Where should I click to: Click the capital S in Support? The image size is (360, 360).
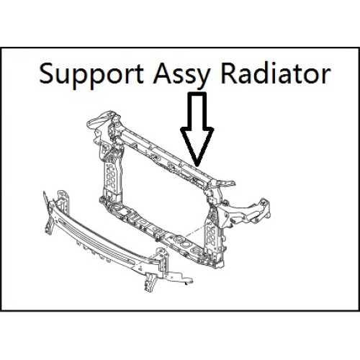(x=47, y=73)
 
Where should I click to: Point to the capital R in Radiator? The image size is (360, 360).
(x=228, y=73)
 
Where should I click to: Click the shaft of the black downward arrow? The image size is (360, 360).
(x=197, y=110)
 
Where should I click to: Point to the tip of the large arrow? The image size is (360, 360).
(x=197, y=166)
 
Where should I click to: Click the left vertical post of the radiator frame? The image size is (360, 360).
(x=111, y=173)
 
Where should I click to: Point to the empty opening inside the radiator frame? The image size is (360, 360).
(x=163, y=192)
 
